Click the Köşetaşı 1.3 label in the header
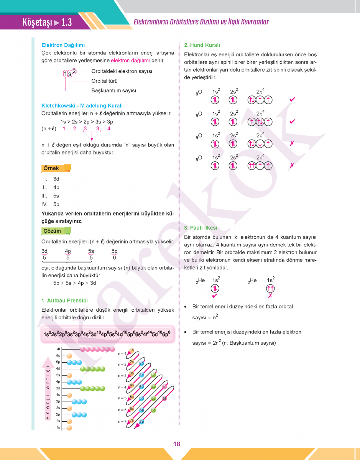(47, 23)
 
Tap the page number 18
(176, 444)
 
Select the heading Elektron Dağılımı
(63, 45)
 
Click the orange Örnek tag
(52, 168)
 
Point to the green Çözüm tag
(53, 231)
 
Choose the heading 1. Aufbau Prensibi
(64, 301)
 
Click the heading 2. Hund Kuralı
(202, 45)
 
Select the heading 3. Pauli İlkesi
(201, 228)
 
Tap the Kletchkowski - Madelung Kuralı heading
(82, 105)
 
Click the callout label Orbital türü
(104, 81)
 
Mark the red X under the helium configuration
(270, 296)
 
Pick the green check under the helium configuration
(215, 296)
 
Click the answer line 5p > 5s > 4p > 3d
(74, 283)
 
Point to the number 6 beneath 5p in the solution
(114, 258)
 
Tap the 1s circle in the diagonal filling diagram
(132, 350)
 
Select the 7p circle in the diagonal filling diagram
(141, 422)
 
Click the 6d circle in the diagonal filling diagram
(153, 410)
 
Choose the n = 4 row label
(122, 387)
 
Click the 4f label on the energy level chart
(58, 349)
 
